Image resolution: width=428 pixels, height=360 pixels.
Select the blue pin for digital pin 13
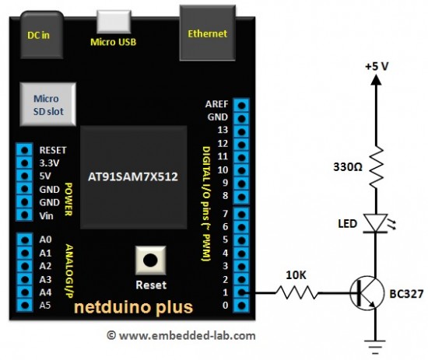[x=244, y=130]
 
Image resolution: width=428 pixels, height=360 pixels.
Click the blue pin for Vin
[x=26, y=215]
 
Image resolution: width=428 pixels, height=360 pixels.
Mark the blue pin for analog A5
[x=26, y=305]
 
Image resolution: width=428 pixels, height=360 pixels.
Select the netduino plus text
[x=133, y=307]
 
